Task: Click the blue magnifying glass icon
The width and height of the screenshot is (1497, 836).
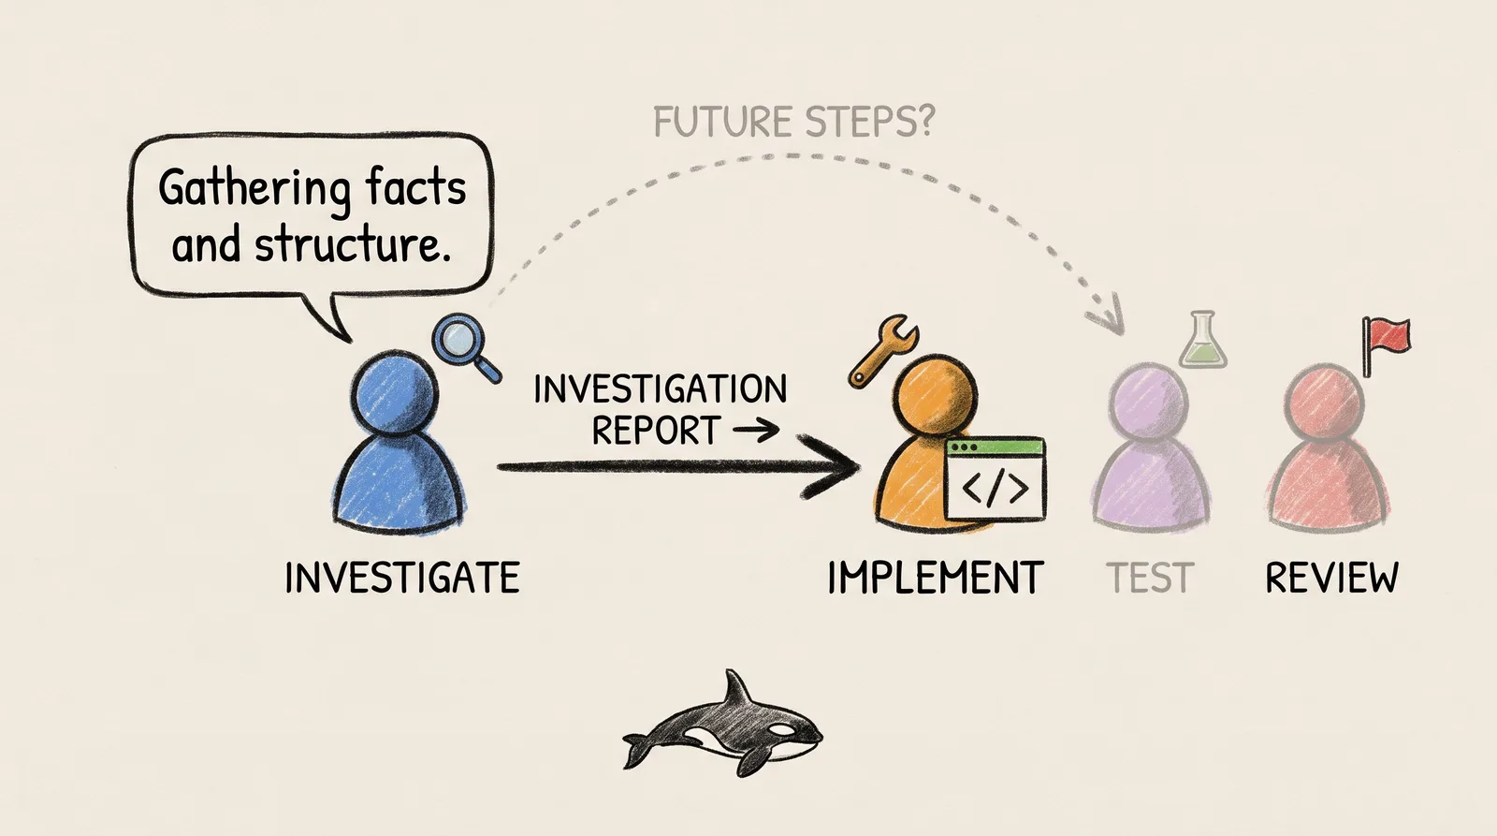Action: click(466, 347)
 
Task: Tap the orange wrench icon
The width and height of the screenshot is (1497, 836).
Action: click(883, 352)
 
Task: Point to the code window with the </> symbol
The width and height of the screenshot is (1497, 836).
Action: click(996, 478)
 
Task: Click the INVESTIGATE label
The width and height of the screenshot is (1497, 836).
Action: click(402, 578)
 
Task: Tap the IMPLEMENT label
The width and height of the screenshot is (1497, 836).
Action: click(935, 578)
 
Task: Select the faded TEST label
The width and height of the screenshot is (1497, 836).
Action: click(1150, 578)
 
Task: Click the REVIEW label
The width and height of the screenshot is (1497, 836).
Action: click(1332, 578)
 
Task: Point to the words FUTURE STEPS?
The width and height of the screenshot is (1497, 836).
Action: click(793, 122)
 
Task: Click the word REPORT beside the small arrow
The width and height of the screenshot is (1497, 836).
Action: click(656, 430)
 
